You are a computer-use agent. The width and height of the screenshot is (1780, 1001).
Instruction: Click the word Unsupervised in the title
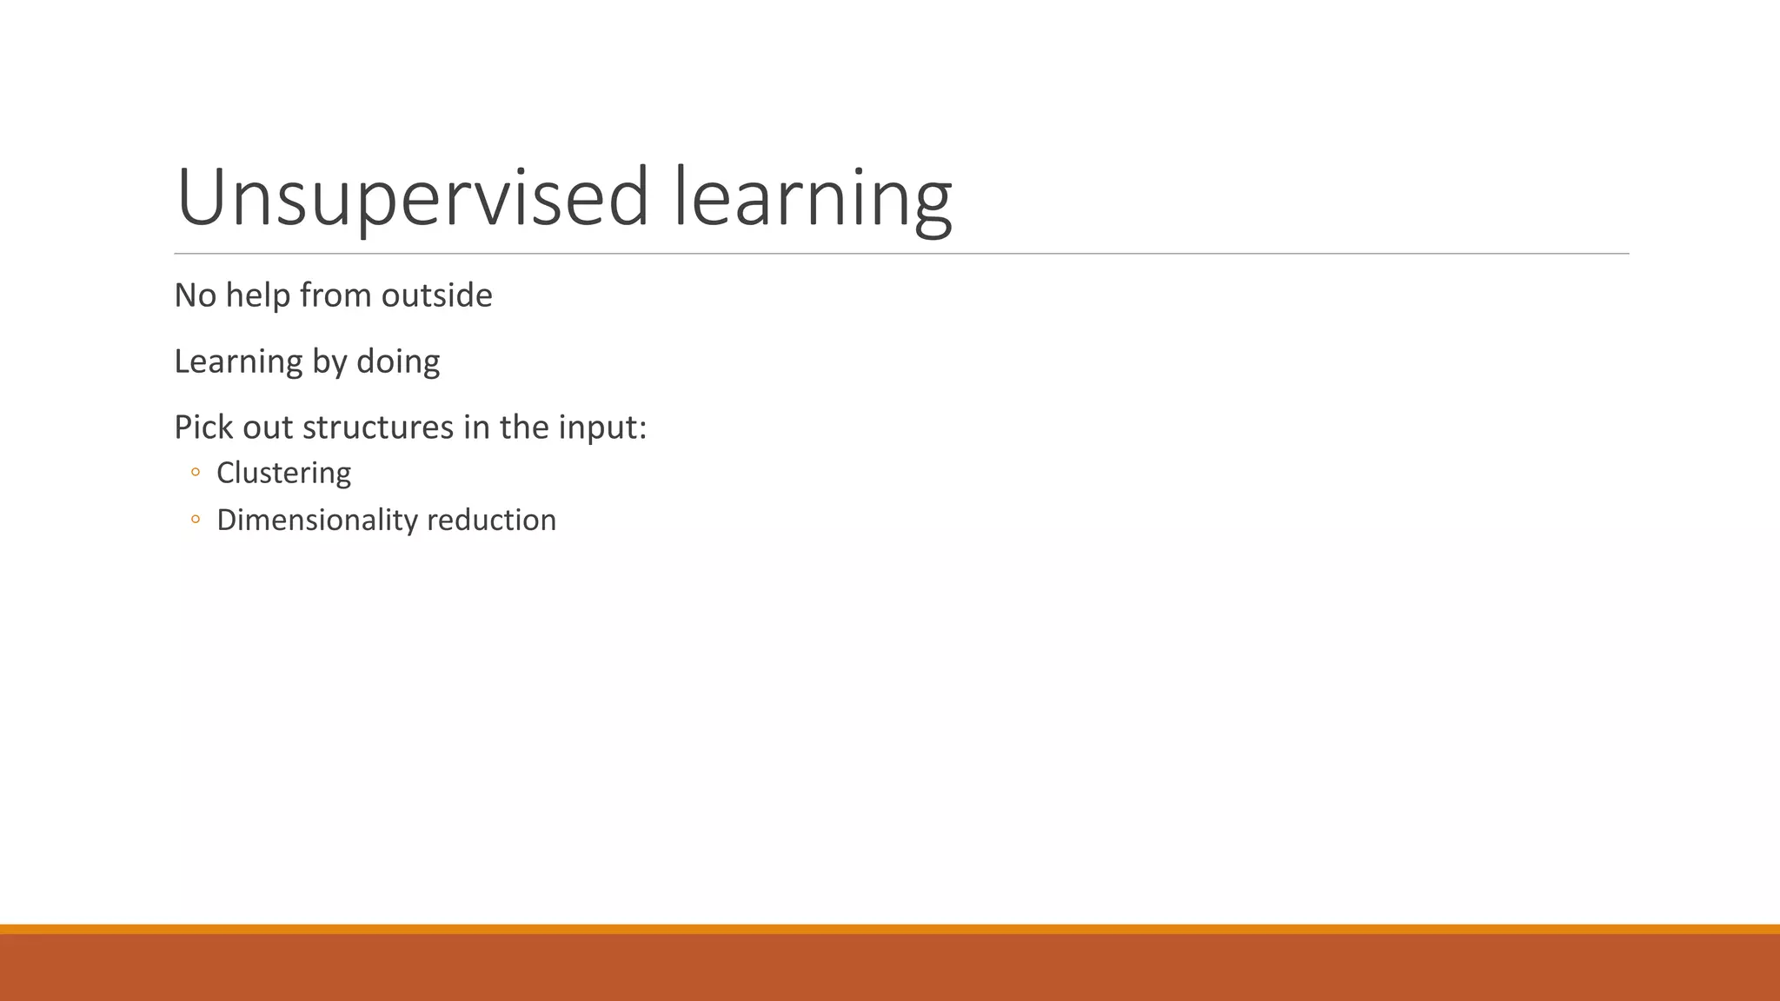coord(412,198)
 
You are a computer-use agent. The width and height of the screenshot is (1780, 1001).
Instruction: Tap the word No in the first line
coord(195,295)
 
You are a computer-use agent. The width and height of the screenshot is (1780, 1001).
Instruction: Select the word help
coord(258,295)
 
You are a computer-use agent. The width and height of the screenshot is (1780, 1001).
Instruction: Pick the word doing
coord(398,361)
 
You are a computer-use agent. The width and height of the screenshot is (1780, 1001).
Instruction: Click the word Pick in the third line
coord(204,428)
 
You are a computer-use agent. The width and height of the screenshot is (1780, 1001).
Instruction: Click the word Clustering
coord(283,473)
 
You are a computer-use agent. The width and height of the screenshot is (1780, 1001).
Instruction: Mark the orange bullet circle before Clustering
coord(196,473)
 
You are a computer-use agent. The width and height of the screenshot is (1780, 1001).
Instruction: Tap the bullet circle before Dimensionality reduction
coord(196,520)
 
